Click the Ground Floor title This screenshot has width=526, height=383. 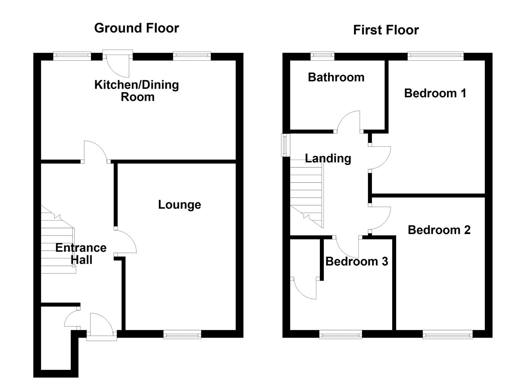tap(136, 28)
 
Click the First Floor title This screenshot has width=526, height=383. tap(386, 30)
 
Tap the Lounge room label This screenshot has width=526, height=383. tap(179, 205)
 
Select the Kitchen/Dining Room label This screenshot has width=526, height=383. tap(137, 91)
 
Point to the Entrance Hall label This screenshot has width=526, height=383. tap(81, 254)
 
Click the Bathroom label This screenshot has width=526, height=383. tap(336, 77)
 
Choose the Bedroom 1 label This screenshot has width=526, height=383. tap(435, 93)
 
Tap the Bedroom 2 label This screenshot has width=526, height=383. tap(439, 230)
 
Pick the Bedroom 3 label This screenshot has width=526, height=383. tap(356, 261)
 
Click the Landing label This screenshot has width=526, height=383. tap(328, 158)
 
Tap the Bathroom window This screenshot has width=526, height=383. tap(323, 55)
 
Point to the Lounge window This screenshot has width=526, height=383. tap(182, 334)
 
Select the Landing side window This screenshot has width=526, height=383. tap(285, 145)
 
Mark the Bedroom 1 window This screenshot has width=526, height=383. tap(435, 55)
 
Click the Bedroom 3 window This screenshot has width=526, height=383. tap(340, 334)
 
